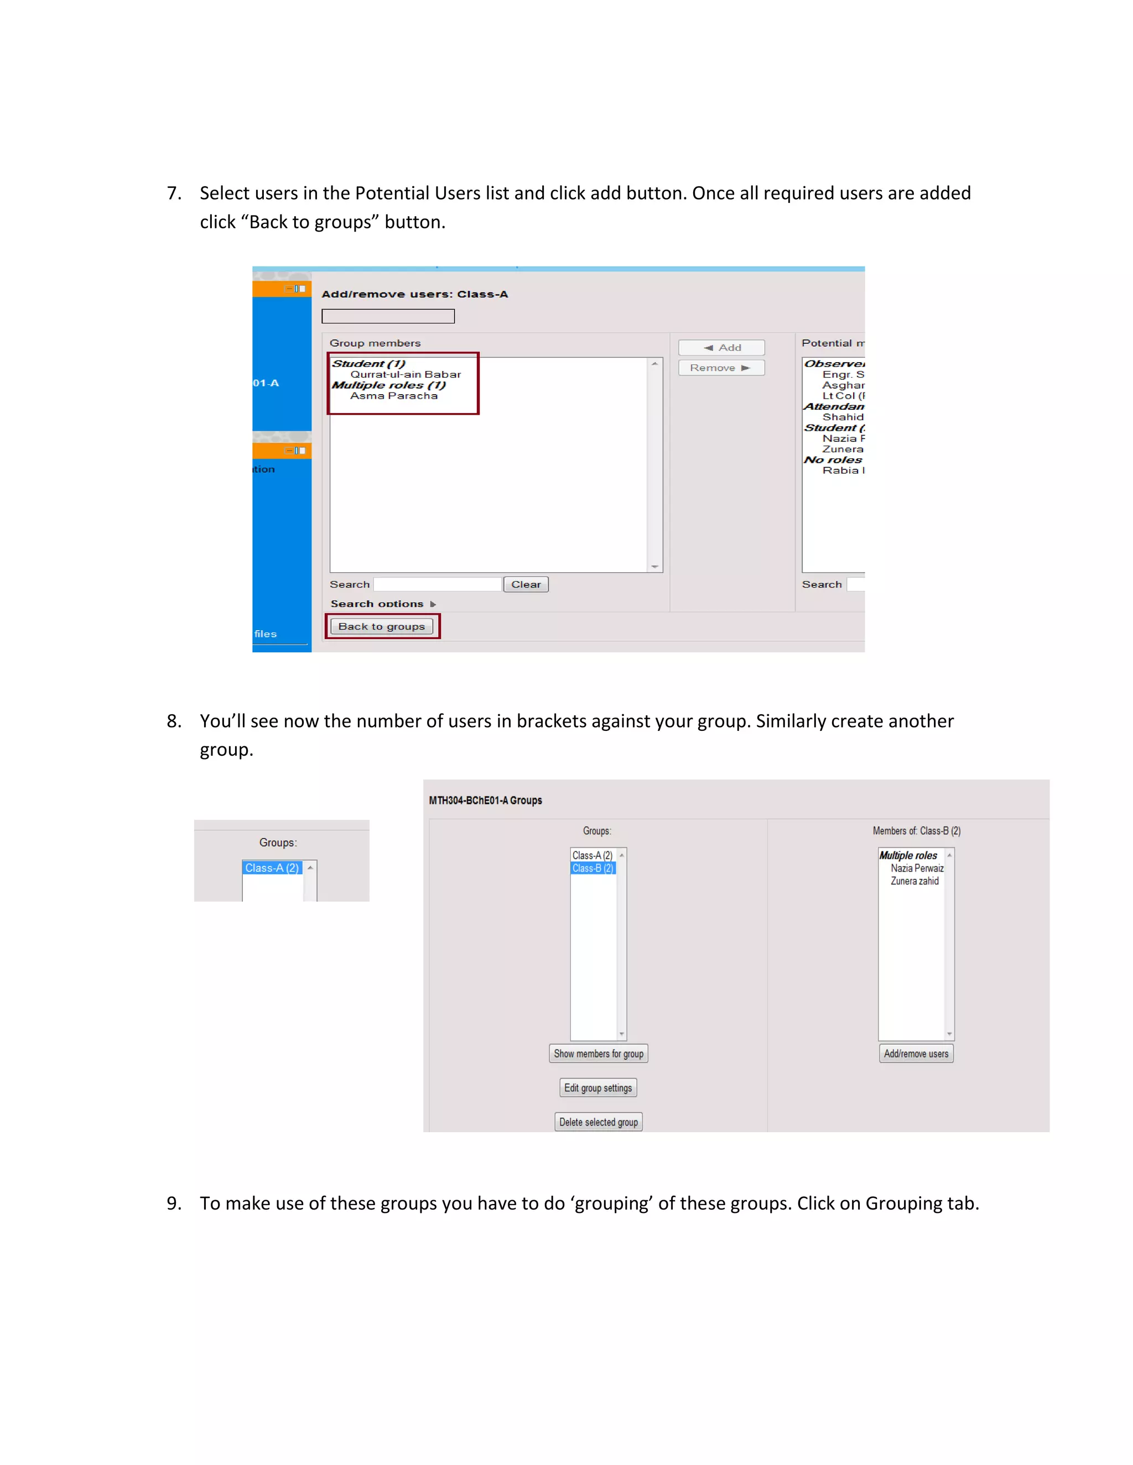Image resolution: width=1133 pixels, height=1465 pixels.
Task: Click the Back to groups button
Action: [x=381, y=626]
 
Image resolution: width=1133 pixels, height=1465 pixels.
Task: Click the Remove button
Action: [x=720, y=368]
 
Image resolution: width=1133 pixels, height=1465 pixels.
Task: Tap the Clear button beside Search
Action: [x=526, y=585]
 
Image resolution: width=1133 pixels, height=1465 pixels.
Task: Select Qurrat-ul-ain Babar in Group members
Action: [x=406, y=375]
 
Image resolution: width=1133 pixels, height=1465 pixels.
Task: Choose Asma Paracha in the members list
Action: [x=393, y=396]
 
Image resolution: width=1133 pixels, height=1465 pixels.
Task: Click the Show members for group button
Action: [x=598, y=1054]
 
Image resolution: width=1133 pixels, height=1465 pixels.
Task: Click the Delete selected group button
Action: [x=598, y=1122]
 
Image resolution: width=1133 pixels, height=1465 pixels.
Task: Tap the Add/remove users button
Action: [x=916, y=1054]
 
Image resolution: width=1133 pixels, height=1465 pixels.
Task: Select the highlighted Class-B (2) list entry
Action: [x=593, y=868]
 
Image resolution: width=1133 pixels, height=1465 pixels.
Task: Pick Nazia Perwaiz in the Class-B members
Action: [x=917, y=868]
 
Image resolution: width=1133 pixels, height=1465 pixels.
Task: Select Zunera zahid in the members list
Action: [x=914, y=881]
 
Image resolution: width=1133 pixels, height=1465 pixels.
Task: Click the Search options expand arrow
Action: [x=433, y=604]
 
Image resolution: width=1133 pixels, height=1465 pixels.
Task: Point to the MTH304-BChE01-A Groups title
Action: [x=485, y=800]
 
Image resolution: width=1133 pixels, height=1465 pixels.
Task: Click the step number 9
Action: [x=174, y=1204]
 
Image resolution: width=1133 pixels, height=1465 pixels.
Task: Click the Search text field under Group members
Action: [x=437, y=585]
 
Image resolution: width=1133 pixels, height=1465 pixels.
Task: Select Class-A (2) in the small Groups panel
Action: [x=272, y=868]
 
